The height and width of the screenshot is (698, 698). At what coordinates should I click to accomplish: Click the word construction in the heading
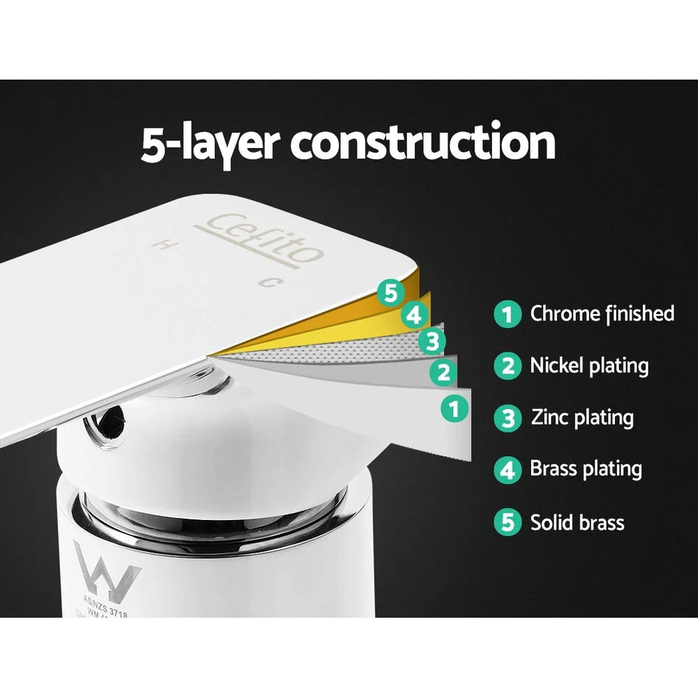click(423, 142)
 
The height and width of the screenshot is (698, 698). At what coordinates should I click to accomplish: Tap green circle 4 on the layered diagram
click(415, 315)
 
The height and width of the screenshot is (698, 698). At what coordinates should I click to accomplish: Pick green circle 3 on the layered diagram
click(431, 341)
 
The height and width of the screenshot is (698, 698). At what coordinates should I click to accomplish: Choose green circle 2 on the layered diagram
click(443, 371)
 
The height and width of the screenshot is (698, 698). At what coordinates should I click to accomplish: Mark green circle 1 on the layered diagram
click(455, 407)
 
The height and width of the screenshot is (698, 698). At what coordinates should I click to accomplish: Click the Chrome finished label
click(602, 313)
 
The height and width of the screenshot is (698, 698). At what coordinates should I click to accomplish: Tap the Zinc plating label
click(582, 417)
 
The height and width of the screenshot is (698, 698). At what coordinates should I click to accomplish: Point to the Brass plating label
click(586, 469)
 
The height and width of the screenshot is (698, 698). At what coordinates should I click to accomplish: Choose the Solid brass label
click(577, 522)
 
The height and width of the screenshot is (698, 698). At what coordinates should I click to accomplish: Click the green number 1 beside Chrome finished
click(507, 314)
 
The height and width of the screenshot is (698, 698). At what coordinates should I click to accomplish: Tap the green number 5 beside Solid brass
click(507, 523)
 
